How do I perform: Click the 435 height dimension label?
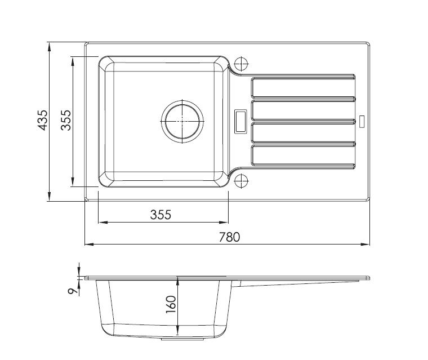pyautogui.click(x=42, y=120)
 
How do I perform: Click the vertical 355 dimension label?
pyautogui.click(x=66, y=120)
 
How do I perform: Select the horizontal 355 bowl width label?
pyautogui.click(x=160, y=215)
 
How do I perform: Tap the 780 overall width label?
pyautogui.click(x=230, y=237)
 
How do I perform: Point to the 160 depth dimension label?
pyautogui.click(x=171, y=304)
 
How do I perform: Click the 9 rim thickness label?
pyautogui.click(x=72, y=291)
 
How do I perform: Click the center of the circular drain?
pyautogui.click(x=182, y=121)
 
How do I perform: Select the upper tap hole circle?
pyautogui.click(x=241, y=64)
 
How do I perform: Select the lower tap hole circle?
pyautogui.click(x=241, y=181)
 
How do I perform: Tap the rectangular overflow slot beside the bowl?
pyautogui.click(x=240, y=122)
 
